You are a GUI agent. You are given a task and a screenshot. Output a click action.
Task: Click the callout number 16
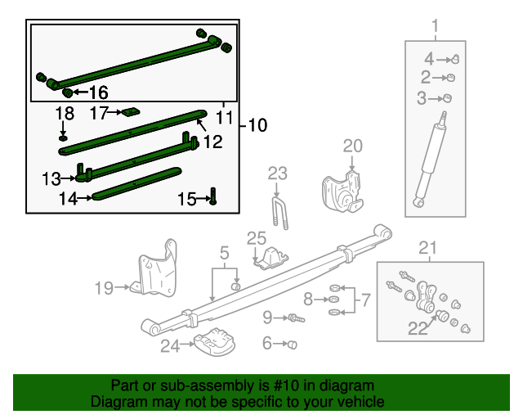tap(98, 92)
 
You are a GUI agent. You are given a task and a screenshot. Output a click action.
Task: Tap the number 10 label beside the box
tap(257, 125)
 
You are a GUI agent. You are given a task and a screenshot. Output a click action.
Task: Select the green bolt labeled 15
tap(212, 197)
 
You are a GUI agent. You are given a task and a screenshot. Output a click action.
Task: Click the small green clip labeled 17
tap(130, 112)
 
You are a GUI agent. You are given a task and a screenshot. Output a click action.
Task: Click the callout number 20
tap(352, 146)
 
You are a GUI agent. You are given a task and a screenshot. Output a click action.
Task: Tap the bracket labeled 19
tap(157, 271)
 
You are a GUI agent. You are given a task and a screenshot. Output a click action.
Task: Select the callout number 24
tap(169, 346)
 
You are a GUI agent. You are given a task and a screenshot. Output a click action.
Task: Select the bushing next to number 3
tap(447, 99)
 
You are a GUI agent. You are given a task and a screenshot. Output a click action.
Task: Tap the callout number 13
tap(51, 177)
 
